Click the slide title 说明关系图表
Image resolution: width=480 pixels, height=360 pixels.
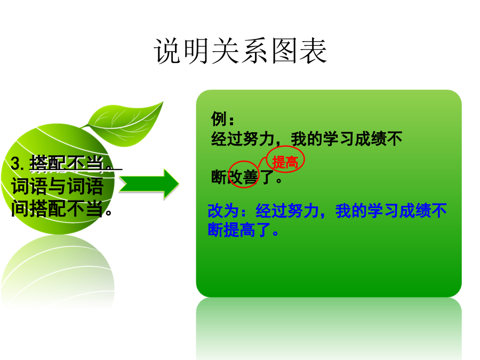pyautogui.click(x=241, y=51)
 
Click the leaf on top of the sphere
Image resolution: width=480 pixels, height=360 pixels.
pyautogui.click(x=124, y=124)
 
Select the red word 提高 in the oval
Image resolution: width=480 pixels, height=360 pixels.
pyautogui.click(x=285, y=162)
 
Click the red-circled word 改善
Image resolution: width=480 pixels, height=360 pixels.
pyautogui.click(x=243, y=177)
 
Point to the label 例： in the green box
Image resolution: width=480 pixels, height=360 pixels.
pyautogui.click(x=222, y=119)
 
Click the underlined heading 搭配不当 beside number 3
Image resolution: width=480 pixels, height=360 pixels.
pyautogui.click(x=67, y=163)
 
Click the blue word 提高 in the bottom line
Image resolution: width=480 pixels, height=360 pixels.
pyautogui.click(x=239, y=229)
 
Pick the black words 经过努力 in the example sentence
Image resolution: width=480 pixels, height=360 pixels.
pyautogui.click(x=243, y=139)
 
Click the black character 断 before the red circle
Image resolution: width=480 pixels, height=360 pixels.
pyautogui.click(x=219, y=177)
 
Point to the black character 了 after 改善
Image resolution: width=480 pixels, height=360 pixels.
pyautogui.click(x=267, y=177)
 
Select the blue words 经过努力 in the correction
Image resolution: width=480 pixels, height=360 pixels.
pyautogui.click(x=287, y=211)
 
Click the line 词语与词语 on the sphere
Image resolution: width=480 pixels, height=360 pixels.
pyautogui.click(x=58, y=186)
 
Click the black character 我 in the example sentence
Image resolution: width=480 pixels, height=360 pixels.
pyautogui.click(x=299, y=139)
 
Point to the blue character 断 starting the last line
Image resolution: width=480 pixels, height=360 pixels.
pyautogui.click(x=215, y=229)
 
